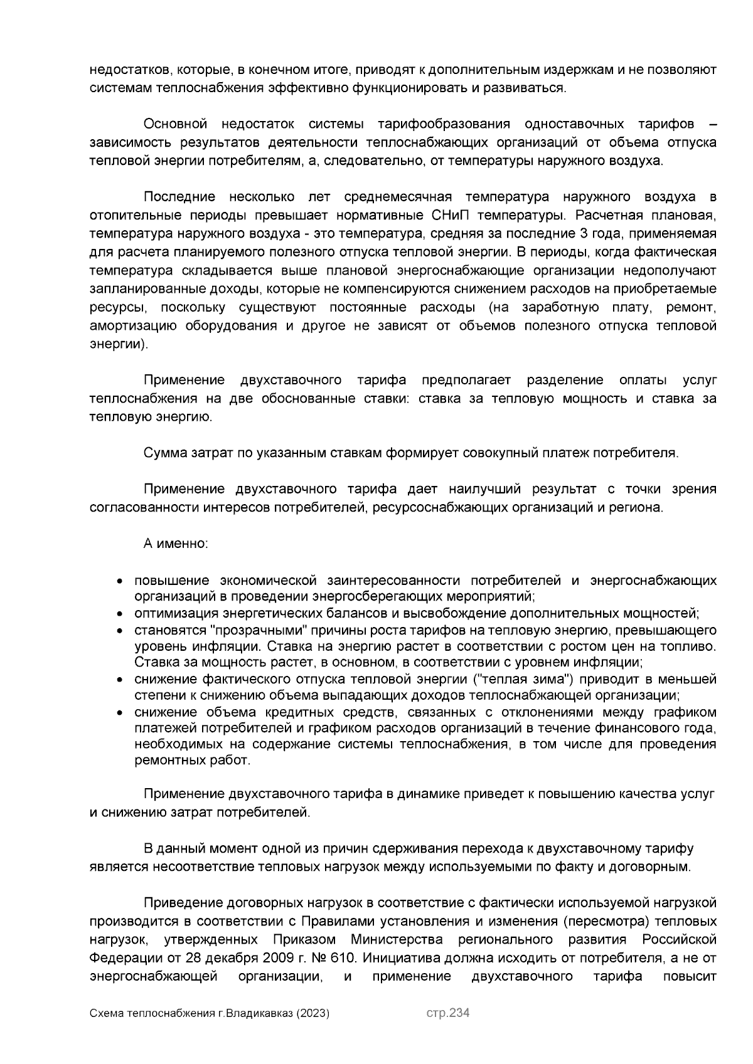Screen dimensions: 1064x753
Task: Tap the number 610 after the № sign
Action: tap(343, 958)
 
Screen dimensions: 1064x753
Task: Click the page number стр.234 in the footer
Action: tap(447, 1013)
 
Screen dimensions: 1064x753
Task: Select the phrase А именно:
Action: tap(176, 543)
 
